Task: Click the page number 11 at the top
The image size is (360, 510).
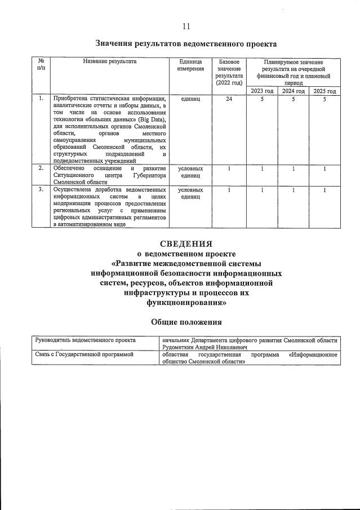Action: point(186,26)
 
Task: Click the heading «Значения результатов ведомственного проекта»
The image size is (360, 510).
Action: point(186,43)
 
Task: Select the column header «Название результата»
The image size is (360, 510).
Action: point(109,61)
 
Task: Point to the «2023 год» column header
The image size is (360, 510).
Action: point(261,91)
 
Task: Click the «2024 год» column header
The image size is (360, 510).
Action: point(293,91)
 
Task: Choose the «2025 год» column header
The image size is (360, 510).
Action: point(325,91)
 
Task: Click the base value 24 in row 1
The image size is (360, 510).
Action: point(229,99)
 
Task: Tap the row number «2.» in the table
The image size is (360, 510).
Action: point(41,168)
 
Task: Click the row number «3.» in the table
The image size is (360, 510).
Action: point(41,190)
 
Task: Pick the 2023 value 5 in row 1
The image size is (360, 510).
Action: point(261,99)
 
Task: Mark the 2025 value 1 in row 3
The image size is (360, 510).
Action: point(325,190)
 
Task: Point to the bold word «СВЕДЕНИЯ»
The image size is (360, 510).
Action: point(186,244)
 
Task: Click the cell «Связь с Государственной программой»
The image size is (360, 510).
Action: point(84,355)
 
